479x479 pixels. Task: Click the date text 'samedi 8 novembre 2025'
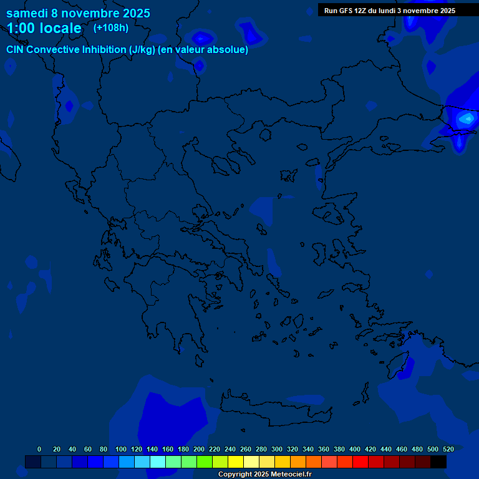(78, 13)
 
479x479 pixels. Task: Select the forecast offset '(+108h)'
(111, 27)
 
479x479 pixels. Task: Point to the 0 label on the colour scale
(39, 449)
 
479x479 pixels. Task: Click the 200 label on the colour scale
(198, 449)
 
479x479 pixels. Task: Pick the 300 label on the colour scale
(276, 449)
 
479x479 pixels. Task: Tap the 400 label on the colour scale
(354, 449)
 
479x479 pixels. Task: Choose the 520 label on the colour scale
(448, 449)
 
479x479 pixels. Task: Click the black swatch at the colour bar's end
(438, 462)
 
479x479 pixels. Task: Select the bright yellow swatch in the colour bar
(236, 462)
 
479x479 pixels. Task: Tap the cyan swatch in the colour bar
(158, 462)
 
